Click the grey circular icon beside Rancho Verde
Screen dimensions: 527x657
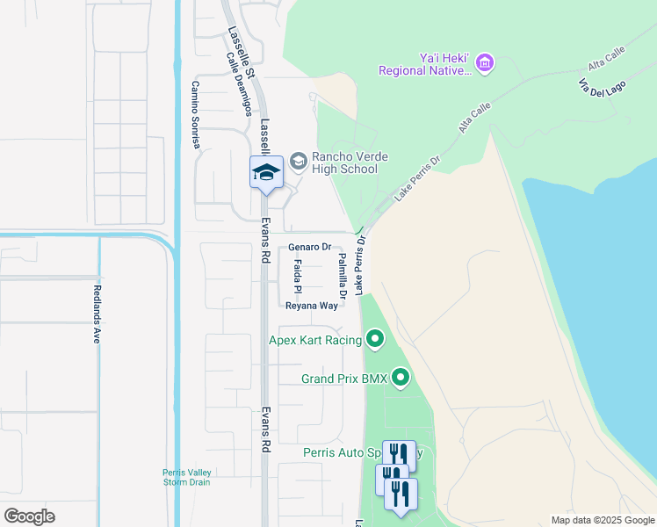point(299,161)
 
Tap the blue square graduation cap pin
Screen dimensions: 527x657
point(265,172)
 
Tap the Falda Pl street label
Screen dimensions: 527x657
point(298,276)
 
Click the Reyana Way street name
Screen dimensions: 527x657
point(311,306)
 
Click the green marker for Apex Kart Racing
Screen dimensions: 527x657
point(375,338)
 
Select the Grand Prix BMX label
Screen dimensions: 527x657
point(343,379)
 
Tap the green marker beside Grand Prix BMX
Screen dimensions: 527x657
point(401,379)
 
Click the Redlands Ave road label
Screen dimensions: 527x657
point(97,314)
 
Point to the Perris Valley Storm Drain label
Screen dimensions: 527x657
point(186,476)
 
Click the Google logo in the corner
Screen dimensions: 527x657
point(29,516)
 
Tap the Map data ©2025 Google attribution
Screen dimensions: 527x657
point(602,519)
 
